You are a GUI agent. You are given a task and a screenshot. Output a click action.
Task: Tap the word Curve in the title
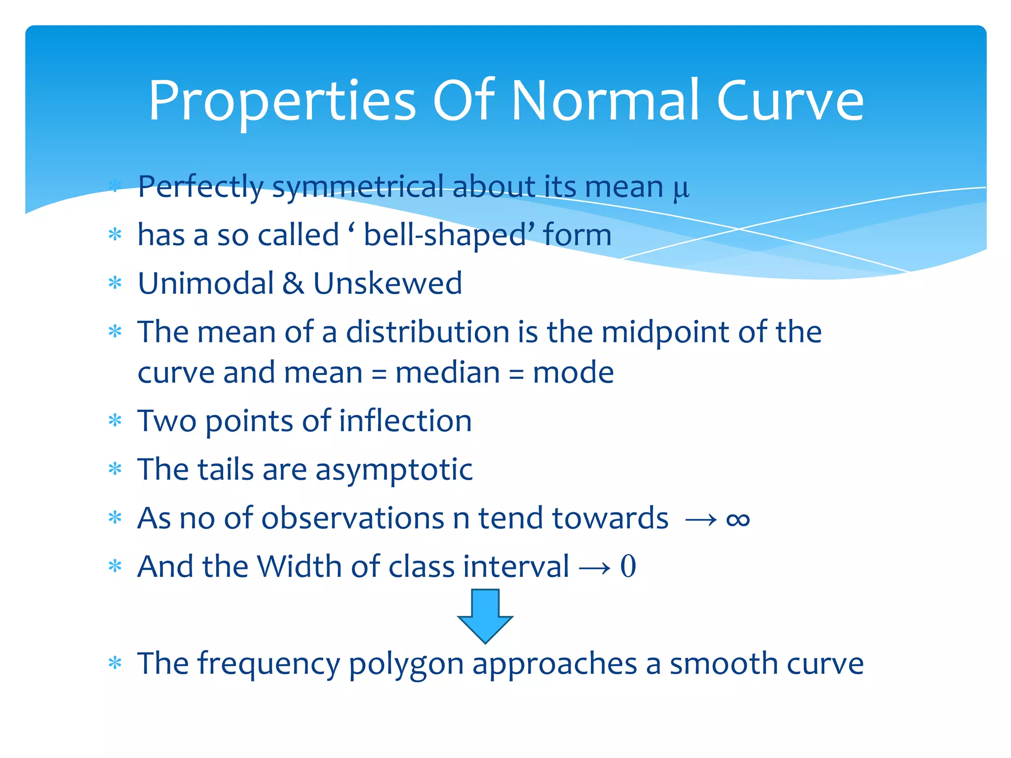coord(789,101)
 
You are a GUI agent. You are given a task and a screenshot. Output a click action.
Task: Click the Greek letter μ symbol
coord(681,189)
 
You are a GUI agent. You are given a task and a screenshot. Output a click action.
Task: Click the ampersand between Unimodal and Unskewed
coord(293,283)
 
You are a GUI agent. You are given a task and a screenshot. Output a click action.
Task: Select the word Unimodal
coord(205,283)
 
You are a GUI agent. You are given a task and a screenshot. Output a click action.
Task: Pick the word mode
coord(573,372)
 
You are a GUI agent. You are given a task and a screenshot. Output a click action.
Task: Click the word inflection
coord(405,420)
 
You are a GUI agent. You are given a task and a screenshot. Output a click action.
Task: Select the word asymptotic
coord(394,470)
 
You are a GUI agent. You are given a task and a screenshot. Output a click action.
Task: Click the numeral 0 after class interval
coord(628,566)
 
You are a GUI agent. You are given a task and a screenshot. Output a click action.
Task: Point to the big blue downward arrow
coord(485,615)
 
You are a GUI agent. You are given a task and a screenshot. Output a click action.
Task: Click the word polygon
coord(406,664)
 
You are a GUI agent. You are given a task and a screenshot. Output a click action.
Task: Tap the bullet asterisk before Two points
coord(115,420)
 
